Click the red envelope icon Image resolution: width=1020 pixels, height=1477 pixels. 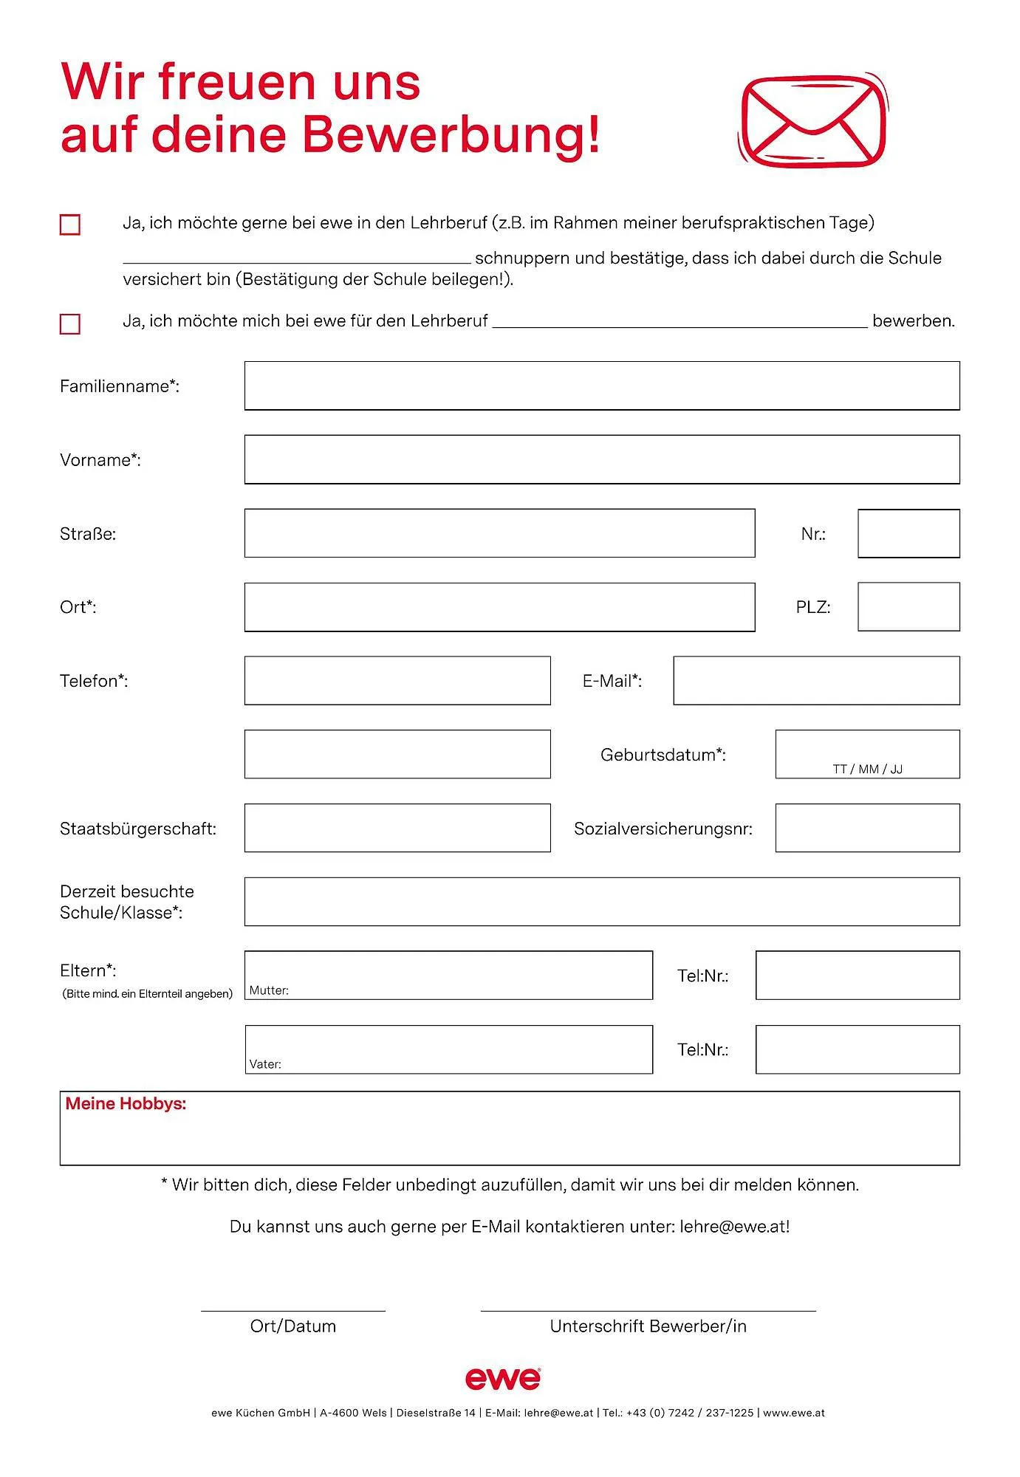pos(812,120)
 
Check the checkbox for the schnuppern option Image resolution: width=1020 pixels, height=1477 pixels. pos(70,225)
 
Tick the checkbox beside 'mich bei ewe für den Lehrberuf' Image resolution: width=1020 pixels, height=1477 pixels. pos(70,323)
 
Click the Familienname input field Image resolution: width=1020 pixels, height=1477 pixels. pos(602,385)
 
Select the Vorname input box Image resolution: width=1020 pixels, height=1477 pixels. pos(602,459)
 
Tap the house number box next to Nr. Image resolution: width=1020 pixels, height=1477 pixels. pos(908,533)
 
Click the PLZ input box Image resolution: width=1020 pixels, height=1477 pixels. pos(908,607)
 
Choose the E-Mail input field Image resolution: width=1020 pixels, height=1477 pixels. pos(816,680)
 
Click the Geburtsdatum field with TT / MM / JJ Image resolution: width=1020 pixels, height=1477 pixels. pos(867,754)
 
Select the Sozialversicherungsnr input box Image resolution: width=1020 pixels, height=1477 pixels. pos(867,828)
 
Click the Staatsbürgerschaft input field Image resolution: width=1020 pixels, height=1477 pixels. pos(397,828)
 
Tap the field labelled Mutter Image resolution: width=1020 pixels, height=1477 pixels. pos(448,975)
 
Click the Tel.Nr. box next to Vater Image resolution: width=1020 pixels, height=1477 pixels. pos(858,1049)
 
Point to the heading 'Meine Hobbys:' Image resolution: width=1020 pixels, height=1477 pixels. pos(126,1104)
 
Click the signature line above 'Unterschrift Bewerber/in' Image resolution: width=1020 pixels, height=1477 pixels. pos(648,1310)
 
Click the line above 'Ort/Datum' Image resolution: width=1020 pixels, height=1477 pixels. pos(293,1310)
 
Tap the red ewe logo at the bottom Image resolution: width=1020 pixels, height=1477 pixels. pos(503,1378)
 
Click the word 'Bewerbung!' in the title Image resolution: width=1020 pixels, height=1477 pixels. pos(451,134)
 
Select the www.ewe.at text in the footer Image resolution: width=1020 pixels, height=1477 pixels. pos(794,1413)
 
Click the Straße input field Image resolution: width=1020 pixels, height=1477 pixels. pos(499,533)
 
